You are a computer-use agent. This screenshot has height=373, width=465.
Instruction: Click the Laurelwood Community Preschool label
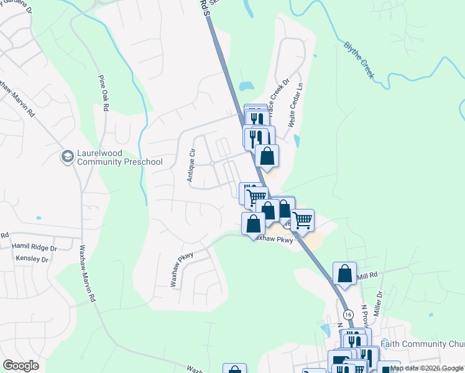[x=119, y=157]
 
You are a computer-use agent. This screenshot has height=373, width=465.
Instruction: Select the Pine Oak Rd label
[x=103, y=93]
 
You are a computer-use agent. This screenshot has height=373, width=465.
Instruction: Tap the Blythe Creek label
[x=359, y=60]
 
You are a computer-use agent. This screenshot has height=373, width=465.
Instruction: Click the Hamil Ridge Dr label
[x=34, y=247]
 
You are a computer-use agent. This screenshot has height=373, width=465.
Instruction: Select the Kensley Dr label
[x=32, y=259]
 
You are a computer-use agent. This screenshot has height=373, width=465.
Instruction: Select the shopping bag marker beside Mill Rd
[x=344, y=274]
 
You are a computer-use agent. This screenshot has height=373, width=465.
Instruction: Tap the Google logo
[x=21, y=366]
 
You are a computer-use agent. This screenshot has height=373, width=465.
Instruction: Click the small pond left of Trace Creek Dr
[x=246, y=85]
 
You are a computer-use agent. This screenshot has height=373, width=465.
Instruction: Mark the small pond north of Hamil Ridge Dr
[x=39, y=218]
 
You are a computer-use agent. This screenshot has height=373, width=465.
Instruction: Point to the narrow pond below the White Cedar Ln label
[x=297, y=140]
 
